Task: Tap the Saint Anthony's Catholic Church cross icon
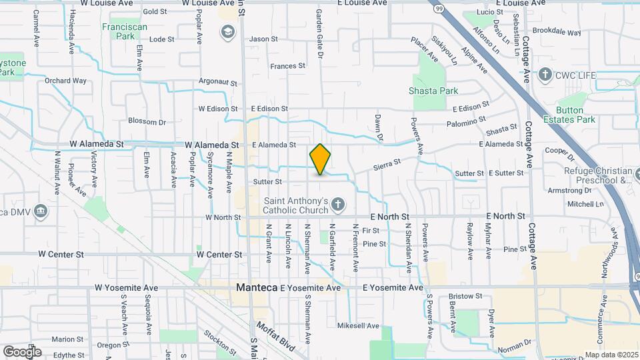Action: [339, 205]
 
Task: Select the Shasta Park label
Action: [434, 91]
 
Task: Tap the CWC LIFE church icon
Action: [545, 75]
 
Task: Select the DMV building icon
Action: [42, 212]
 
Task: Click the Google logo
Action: [22, 351]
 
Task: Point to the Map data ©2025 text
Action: [611, 355]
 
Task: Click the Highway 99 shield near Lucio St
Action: [438, 7]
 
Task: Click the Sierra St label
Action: [387, 163]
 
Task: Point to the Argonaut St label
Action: [218, 82]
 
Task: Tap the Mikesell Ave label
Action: [358, 326]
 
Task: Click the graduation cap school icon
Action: [227, 32]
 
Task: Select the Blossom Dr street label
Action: [147, 122]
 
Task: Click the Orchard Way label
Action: [66, 81]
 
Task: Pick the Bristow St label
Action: [465, 296]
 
